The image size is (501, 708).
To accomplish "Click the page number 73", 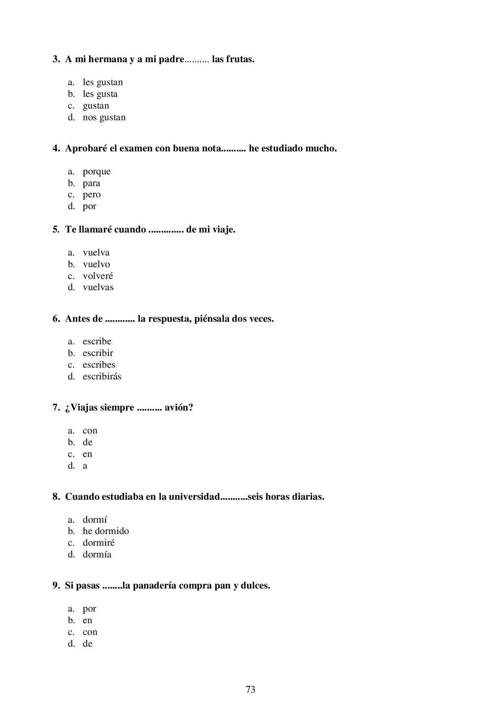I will (250, 689).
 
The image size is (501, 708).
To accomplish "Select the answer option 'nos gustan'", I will (104, 117).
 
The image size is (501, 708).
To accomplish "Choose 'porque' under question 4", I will (97, 172).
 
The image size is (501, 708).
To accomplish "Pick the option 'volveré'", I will (98, 276).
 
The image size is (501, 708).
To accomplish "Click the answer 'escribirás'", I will (102, 377).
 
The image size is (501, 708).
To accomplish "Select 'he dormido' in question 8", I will (105, 531).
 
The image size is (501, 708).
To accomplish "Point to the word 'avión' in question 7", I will (178, 408).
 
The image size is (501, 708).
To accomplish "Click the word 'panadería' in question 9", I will (155, 586).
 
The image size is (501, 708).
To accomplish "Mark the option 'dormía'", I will (97, 555).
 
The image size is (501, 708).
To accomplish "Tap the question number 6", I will (56, 319).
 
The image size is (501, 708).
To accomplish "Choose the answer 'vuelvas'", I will (98, 287).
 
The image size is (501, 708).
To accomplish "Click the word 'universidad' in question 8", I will (194, 497).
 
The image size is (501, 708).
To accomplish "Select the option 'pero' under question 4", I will (92, 195).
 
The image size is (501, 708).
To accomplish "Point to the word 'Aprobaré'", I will (86, 149).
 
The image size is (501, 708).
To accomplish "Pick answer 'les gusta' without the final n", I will (100, 94).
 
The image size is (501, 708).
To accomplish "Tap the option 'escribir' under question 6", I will (98, 353).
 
